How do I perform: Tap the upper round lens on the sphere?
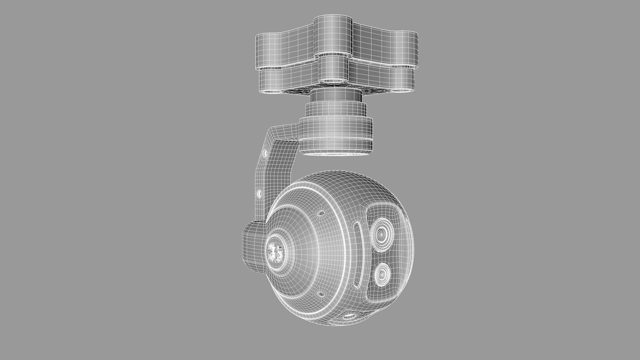pos(381,234)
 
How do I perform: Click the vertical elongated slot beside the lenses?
pos(356,255)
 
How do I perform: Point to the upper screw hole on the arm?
pos(265,153)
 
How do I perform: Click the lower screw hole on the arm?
pos(259,193)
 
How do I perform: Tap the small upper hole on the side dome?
pos(321,213)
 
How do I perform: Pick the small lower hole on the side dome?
pos(321,294)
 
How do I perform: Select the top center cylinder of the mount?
pos(333,35)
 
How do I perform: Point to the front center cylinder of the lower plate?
pos(333,69)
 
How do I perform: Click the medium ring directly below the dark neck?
pos(336,110)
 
